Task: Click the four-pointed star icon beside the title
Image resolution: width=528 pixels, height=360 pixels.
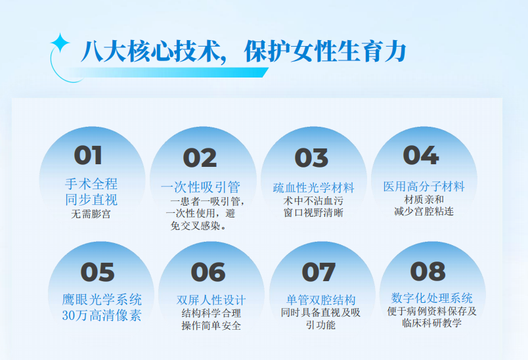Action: (x=60, y=43)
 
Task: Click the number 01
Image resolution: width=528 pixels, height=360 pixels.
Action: (x=88, y=155)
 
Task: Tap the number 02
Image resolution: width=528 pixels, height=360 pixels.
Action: (x=200, y=158)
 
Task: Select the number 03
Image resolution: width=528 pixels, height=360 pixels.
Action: (x=311, y=158)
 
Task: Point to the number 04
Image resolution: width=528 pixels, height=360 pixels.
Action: (x=421, y=155)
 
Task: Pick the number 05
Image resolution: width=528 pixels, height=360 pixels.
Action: (x=98, y=272)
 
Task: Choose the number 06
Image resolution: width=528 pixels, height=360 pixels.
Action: (x=208, y=272)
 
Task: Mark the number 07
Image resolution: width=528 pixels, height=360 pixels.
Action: (x=319, y=272)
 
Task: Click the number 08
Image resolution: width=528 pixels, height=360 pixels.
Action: (x=428, y=271)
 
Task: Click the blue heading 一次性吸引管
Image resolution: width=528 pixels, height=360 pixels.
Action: (x=200, y=187)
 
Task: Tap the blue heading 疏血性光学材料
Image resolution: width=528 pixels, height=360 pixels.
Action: (x=313, y=188)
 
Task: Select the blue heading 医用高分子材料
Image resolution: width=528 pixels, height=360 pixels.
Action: (x=424, y=186)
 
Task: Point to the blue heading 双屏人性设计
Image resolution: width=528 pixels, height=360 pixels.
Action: (x=211, y=300)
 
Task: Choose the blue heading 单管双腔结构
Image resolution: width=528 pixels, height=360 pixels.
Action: (x=321, y=300)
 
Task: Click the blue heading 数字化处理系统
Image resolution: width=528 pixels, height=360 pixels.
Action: (x=431, y=298)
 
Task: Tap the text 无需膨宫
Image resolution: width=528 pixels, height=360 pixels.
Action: (x=91, y=214)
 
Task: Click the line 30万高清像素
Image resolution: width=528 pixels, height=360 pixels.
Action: (x=102, y=315)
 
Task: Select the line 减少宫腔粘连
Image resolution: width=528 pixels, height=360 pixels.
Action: (x=424, y=212)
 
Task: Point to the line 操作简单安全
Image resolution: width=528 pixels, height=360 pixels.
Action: (x=211, y=325)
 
